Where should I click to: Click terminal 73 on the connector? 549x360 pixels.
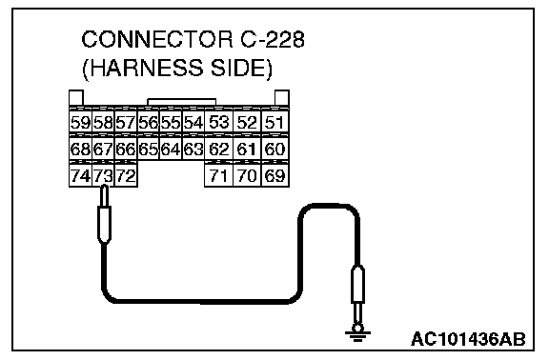[x=103, y=175]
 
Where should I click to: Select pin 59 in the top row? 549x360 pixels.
[x=80, y=122]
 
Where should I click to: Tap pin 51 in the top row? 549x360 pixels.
[x=274, y=122]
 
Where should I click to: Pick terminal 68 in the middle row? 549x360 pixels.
[x=80, y=149]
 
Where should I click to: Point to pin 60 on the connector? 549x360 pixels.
[x=274, y=149]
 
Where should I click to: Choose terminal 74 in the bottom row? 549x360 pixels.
[x=80, y=175]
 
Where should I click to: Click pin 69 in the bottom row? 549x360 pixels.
[x=274, y=175]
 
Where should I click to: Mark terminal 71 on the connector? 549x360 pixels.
[x=218, y=175]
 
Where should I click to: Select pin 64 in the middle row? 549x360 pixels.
[x=171, y=149]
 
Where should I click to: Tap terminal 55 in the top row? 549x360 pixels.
[x=171, y=122]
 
